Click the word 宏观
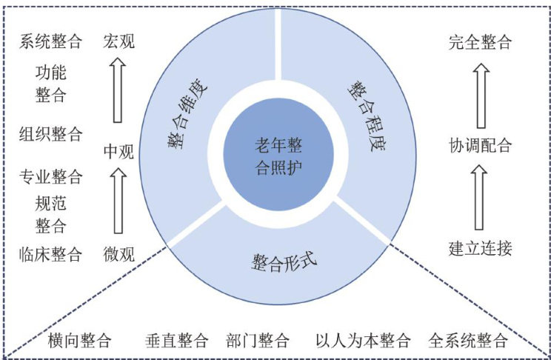[118, 41]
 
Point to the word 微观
[118, 255]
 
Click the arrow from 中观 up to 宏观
[117, 91]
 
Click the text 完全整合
[480, 42]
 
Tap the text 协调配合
[480, 145]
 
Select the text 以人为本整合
[363, 341]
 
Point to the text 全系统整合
[468, 341]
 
